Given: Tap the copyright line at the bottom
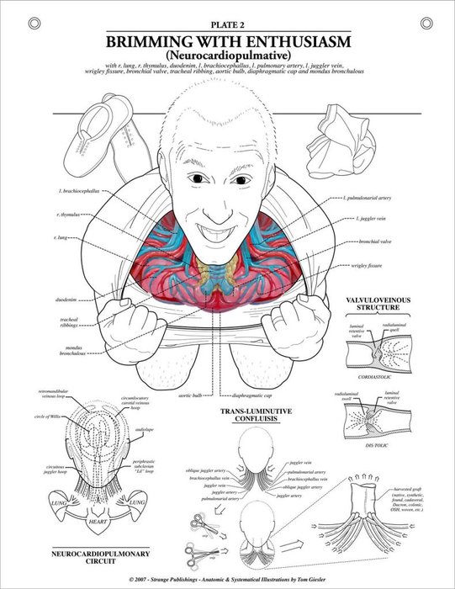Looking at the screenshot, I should [227, 579].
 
